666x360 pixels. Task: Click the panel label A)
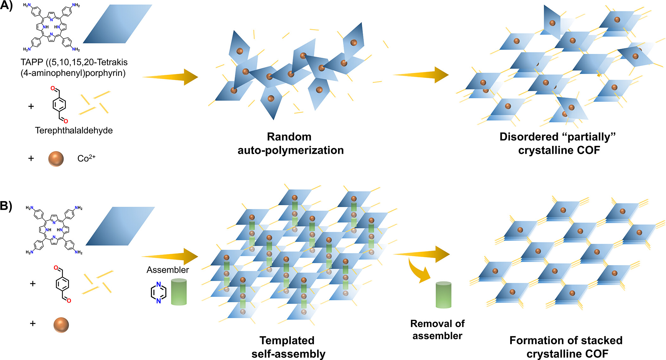6,5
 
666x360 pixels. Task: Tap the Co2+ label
86,158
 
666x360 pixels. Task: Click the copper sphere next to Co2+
56,159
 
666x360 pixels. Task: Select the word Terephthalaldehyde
74,130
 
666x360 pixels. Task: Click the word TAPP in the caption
32,62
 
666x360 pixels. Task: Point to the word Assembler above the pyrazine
168,270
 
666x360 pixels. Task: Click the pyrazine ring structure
159,292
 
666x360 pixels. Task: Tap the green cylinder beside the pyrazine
179,292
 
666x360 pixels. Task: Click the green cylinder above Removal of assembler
443,295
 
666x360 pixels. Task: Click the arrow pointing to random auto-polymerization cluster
170,77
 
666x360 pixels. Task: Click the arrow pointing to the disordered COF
421,75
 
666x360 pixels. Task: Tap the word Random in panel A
289,137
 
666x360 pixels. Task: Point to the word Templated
287,340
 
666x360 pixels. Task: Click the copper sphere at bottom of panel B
61,325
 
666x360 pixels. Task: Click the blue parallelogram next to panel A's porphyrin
118,24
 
